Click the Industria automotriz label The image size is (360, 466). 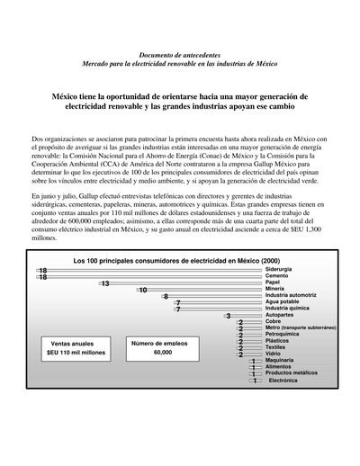[x=291, y=295]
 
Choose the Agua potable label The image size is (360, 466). [x=284, y=302]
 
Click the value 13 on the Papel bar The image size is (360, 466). [x=105, y=283]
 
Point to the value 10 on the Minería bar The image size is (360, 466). [x=143, y=291]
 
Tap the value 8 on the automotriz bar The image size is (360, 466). [x=166, y=297]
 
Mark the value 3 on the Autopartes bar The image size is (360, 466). [x=229, y=316]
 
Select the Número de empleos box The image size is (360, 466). [x=163, y=347]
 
